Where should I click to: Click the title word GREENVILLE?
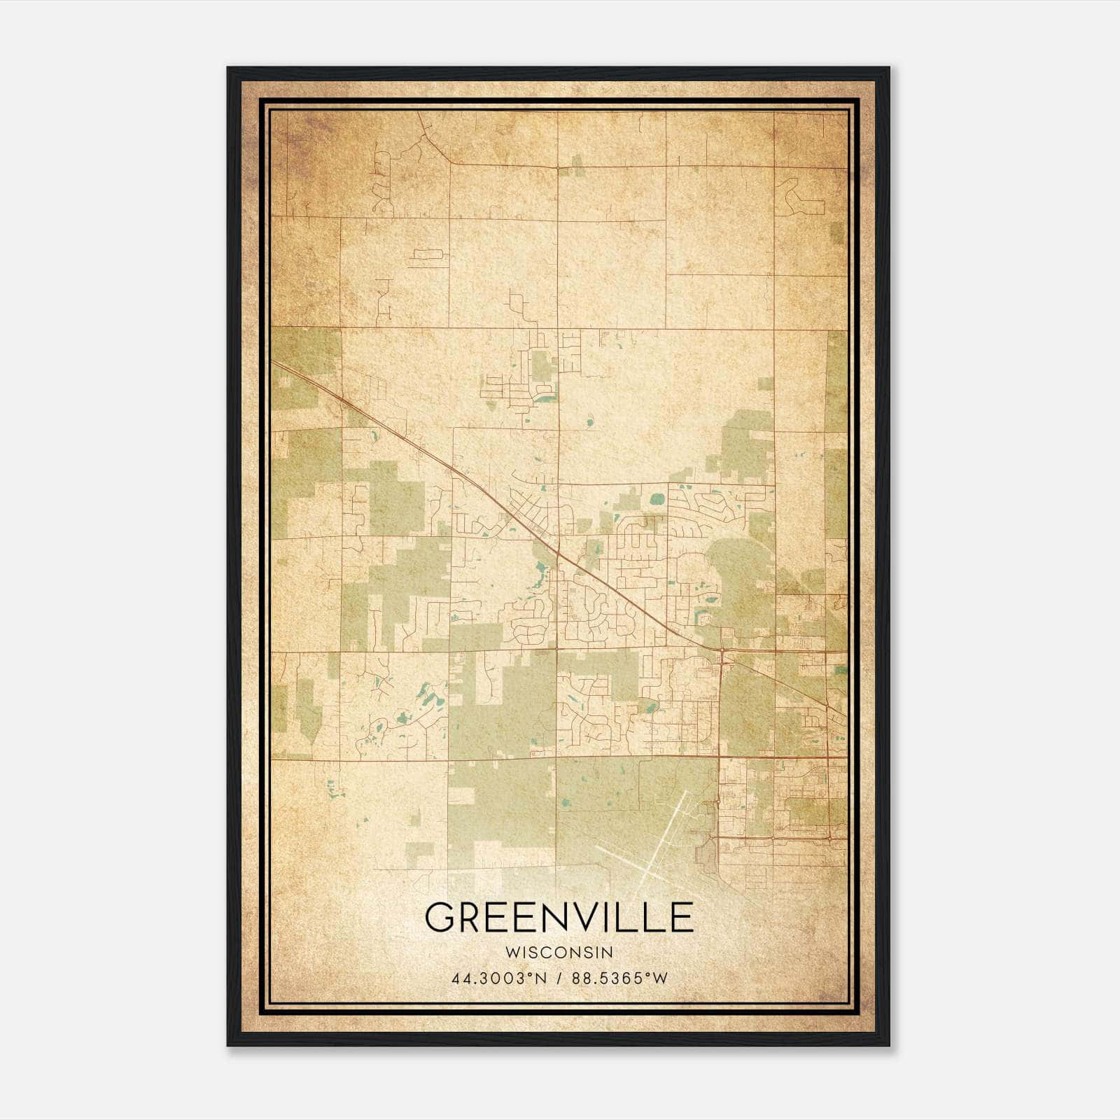pyautogui.click(x=559, y=917)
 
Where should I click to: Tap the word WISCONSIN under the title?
pyautogui.click(x=559, y=952)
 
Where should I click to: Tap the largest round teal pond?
pyautogui.click(x=657, y=499)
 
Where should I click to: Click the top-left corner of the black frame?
pyautogui.click(x=228, y=68)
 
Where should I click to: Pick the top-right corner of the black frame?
pyautogui.click(x=888, y=68)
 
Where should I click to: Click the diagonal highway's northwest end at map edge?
pyautogui.click(x=273, y=363)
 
